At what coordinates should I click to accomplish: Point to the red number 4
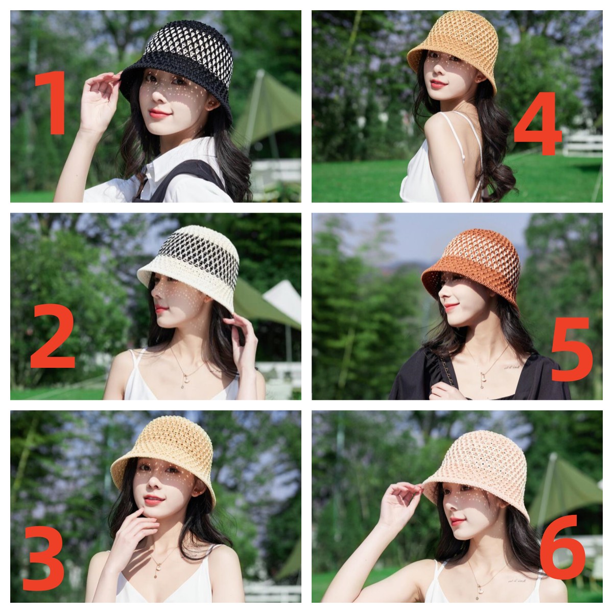537,124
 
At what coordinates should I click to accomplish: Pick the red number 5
572,349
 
